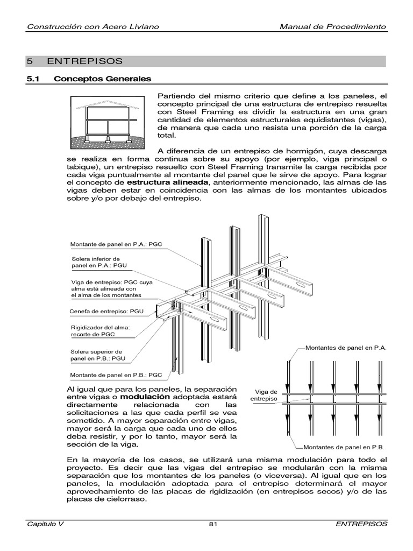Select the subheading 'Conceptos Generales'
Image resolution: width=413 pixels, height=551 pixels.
102,79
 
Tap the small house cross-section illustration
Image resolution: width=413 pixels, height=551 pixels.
108,122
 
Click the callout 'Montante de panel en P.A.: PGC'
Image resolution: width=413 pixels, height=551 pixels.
116,245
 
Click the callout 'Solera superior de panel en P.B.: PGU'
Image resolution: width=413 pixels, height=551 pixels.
98,355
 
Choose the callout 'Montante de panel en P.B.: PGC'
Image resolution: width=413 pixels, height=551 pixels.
116,375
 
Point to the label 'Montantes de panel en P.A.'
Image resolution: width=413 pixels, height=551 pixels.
345,348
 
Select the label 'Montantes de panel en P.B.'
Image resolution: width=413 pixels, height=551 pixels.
344,447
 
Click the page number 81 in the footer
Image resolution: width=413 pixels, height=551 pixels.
212,524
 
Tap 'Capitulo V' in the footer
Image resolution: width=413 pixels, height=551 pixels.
45,524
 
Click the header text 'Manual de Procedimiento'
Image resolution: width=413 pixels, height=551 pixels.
333,27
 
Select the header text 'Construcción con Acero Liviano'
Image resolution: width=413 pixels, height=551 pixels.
92,27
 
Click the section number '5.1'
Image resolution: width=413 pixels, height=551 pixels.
34,79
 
